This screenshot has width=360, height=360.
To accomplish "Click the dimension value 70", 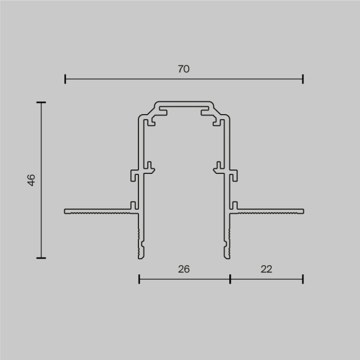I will point(184,69).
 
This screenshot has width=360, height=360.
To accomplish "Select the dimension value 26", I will point(184,269).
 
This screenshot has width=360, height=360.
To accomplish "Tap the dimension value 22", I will point(266,269).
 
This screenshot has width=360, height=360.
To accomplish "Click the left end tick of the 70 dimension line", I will point(65,79).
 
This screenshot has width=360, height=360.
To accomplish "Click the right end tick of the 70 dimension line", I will point(303,79).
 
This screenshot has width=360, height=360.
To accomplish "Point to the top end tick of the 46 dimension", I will point(41,102).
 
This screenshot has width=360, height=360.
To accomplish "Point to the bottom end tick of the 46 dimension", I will point(41,258).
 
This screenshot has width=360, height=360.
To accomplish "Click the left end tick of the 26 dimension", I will point(139,279).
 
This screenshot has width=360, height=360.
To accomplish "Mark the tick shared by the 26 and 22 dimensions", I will point(230,279).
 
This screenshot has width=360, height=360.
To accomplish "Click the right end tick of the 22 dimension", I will point(303,279).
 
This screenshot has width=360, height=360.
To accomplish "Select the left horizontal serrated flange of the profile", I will point(97,211).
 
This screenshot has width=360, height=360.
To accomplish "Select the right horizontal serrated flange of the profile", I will point(271,211).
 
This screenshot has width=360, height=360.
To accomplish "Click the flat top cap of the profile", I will point(184,104).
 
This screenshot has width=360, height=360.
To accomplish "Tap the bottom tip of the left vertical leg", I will point(141,256).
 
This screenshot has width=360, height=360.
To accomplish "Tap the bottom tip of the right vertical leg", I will point(227,256).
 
